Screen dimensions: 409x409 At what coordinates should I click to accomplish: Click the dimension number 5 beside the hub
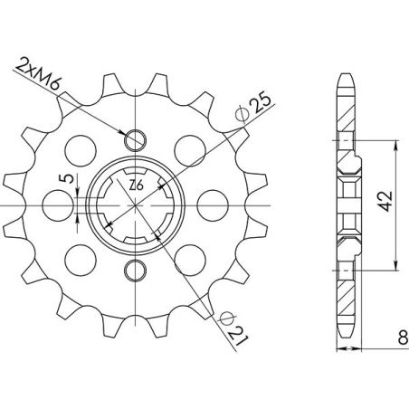[x=62, y=178]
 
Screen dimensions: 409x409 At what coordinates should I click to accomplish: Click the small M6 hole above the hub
[x=136, y=139]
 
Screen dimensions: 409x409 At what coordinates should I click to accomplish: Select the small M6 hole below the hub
[x=136, y=269]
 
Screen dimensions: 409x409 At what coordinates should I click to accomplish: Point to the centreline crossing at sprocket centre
[x=136, y=204]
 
